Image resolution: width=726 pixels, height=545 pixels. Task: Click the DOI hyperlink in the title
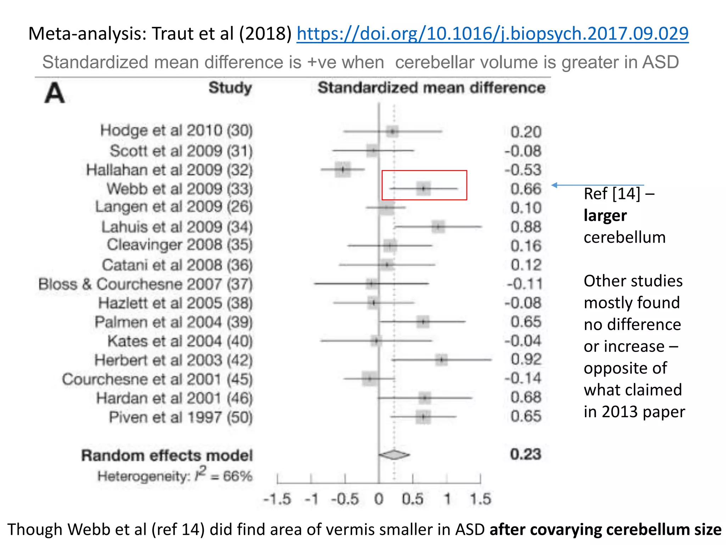(492, 34)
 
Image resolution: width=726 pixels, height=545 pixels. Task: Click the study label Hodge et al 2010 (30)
(176, 131)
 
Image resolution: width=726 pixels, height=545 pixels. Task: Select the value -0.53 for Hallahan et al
(523, 170)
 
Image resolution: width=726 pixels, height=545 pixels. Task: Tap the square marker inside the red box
(423, 188)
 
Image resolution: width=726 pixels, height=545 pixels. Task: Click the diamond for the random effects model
(394, 455)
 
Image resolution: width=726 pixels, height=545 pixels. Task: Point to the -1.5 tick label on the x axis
(277, 499)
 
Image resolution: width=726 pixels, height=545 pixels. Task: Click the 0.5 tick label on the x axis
(412, 499)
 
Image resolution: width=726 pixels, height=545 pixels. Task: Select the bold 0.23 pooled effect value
(525, 455)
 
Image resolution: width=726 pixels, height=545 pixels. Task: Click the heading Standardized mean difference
(431, 88)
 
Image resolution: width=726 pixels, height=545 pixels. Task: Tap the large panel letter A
(55, 93)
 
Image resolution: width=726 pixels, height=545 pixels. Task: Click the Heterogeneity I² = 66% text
(175, 475)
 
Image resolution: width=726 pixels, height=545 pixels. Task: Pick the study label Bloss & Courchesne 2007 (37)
(145, 284)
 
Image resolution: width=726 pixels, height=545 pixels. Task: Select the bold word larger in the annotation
(605, 215)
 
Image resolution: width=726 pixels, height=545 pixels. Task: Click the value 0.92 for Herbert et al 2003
(526, 359)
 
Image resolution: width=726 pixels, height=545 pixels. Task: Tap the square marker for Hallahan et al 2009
(343, 169)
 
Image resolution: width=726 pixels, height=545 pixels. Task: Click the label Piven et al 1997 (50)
(180, 417)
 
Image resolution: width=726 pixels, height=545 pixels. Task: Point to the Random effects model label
(167, 455)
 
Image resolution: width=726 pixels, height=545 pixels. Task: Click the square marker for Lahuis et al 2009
(438, 226)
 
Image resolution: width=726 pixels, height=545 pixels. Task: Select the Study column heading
(230, 88)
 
